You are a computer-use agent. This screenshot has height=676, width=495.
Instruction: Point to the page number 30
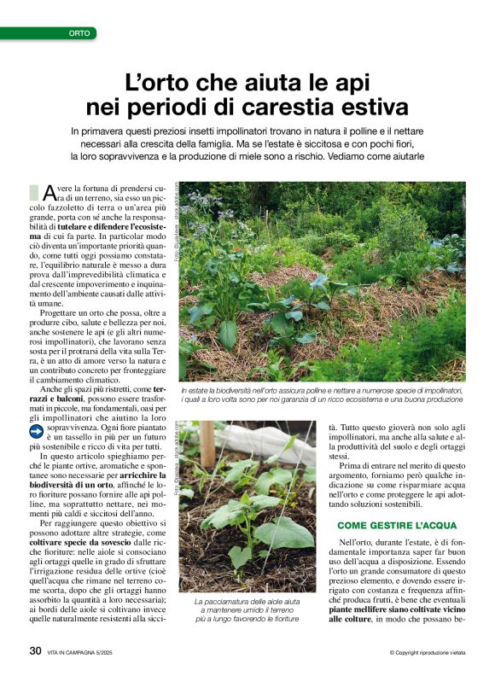tap(35, 650)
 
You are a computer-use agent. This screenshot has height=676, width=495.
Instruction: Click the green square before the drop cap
tap(33, 191)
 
